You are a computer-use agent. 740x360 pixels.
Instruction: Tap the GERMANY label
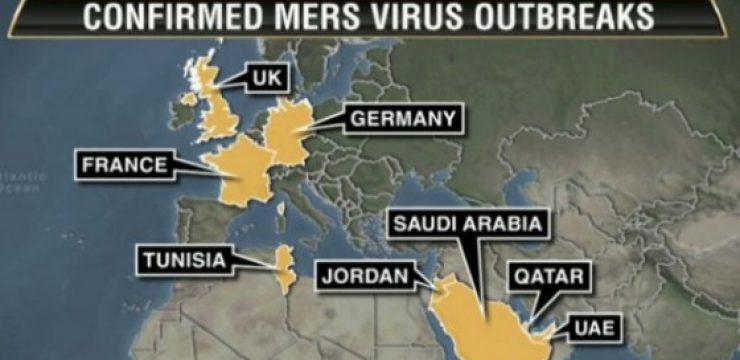pyautogui.click(x=403, y=120)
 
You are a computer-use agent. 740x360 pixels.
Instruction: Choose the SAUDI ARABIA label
pyautogui.click(x=469, y=223)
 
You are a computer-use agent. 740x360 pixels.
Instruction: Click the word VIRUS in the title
pyautogui.click(x=445, y=17)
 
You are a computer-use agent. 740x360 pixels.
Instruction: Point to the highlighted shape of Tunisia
pyautogui.click(x=284, y=265)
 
